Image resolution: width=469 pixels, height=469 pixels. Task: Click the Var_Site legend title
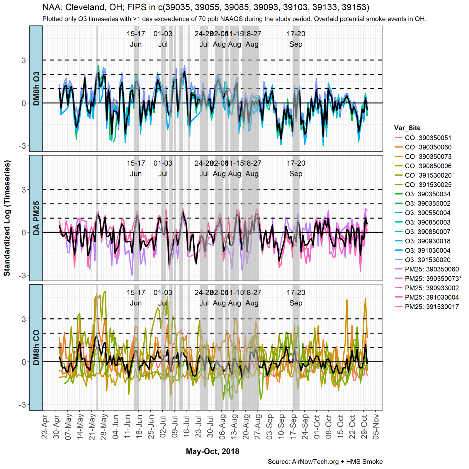coord(407,128)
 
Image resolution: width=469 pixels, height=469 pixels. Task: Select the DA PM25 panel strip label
coord(36,218)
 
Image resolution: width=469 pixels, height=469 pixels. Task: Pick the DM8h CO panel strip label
coord(36,347)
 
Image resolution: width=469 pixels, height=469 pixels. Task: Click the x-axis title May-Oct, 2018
coord(213,451)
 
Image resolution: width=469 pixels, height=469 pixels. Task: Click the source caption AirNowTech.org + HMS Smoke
coord(325,462)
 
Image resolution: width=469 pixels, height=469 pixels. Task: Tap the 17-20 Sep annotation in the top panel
coord(296,39)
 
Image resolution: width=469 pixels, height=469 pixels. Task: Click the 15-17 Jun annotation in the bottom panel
coord(136,298)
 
